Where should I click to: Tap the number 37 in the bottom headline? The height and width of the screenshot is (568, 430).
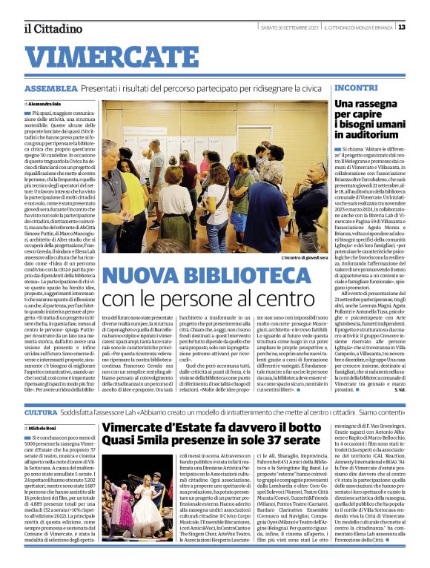pos(259,444)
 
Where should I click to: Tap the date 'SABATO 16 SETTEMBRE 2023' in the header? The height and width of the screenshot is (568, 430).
pos(282,27)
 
